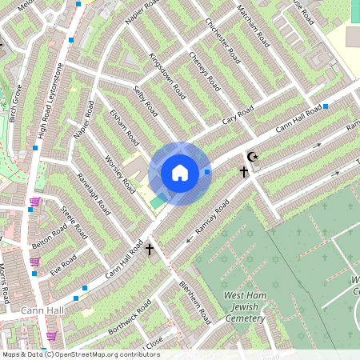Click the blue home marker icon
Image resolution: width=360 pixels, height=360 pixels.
tap(180, 172)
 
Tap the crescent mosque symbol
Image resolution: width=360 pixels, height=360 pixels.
tap(254, 157)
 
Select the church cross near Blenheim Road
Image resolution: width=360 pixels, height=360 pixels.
tap(150, 250)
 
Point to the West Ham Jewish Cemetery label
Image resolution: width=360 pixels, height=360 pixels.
tap(245, 307)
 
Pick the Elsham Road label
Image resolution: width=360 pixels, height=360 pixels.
tap(125, 126)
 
